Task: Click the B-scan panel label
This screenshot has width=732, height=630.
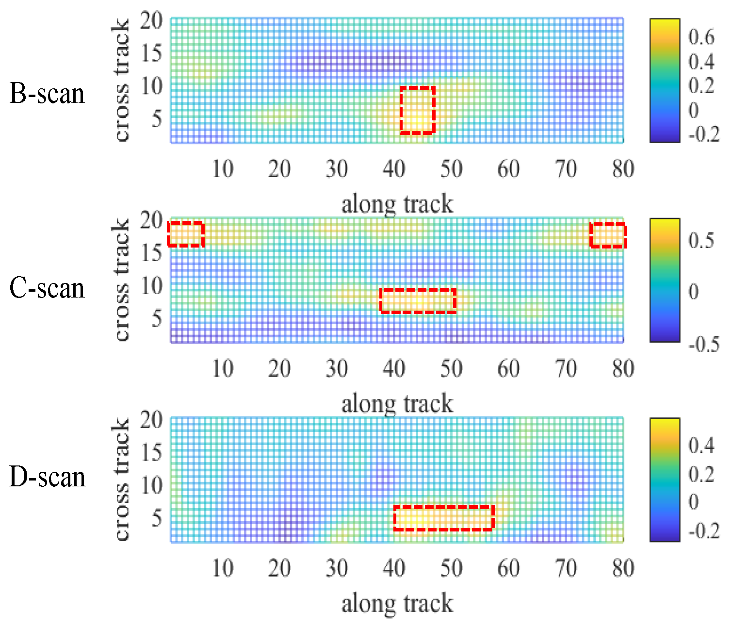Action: click(x=47, y=94)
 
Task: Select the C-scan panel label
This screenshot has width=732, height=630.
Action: click(x=47, y=288)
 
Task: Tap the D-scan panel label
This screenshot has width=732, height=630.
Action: click(x=48, y=477)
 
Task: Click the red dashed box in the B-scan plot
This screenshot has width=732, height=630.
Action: click(x=417, y=110)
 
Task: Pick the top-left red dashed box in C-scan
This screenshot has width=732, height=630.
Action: click(x=185, y=234)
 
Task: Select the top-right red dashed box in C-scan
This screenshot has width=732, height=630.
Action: click(x=608, y=235)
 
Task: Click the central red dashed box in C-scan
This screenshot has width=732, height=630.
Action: click(x=418, y=300)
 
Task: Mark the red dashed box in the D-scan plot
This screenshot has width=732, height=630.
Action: click(x=443, y=518)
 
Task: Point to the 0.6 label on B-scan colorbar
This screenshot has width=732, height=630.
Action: click(x=701, y=37)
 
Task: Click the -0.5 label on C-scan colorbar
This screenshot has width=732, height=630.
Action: click(x=704, y=344)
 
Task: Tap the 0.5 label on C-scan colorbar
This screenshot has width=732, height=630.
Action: click(x=701, y=241)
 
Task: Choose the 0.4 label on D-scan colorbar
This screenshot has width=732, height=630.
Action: click(x=701, y=445)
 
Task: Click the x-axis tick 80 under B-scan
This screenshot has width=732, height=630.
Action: click(x=623, y=169)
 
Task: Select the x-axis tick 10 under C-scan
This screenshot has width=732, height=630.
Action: click(x=223, y=369)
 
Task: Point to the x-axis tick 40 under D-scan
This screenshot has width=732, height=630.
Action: click(x=394, y=568)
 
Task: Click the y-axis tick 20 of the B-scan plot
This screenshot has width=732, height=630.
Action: click(x=151, y=21)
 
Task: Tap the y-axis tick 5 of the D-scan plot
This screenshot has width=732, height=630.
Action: click(x=156, y=518)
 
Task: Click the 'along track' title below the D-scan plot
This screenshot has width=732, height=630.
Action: click(x=397, y=604)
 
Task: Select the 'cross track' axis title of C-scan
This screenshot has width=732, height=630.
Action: click(x=121, y=280)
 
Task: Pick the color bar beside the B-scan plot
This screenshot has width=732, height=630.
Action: click(x=665, y=81)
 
